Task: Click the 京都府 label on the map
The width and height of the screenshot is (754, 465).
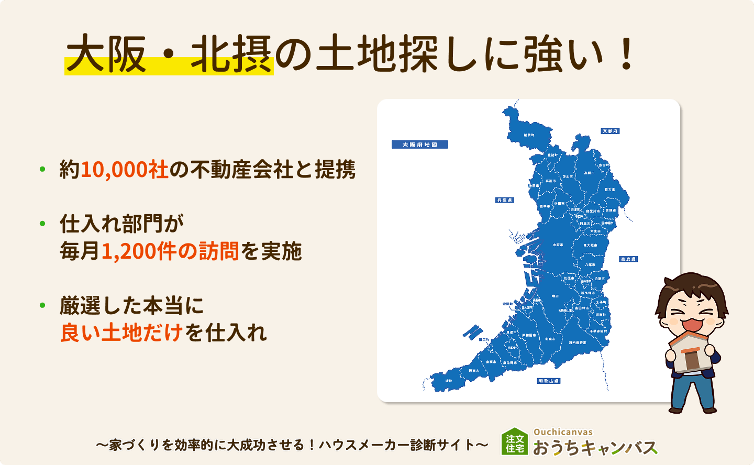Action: [610, 131]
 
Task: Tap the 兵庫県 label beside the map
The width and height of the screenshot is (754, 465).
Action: [505, 200]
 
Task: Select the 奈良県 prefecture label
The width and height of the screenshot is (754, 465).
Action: [628, 259]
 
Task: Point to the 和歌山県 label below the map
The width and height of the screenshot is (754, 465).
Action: [549, 381]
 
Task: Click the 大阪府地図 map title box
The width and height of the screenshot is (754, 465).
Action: [419, 145]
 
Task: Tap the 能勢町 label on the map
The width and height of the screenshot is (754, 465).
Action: [529, 135]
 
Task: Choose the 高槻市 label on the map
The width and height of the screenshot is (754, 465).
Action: [589, 173]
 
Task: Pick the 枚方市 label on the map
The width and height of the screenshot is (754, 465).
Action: [609, 190]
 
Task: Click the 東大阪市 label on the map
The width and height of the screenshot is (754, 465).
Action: [590, 245]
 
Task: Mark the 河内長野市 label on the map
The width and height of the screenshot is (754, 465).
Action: [578, 342]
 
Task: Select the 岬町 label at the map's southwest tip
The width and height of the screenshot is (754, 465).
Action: [449, 381]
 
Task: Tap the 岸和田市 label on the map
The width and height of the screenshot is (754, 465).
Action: [528, 335]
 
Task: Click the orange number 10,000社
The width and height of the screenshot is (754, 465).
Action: [124, 170]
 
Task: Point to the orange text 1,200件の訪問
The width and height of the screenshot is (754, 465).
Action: [170, 251]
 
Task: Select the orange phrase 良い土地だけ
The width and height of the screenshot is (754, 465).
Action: [121, 333]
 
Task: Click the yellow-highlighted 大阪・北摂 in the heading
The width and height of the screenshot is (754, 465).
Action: [169, 55]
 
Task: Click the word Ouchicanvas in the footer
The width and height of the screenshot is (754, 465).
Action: [563, 432]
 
